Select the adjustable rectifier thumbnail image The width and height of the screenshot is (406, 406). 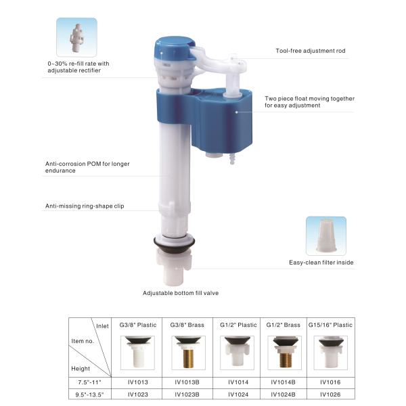pos(76,37)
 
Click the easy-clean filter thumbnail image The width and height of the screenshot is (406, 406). pos(326,236)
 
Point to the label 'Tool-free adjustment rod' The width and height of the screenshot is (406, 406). pos(311,51)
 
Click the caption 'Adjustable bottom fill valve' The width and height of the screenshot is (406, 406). pos(181,293)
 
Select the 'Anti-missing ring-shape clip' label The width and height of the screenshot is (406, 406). pos(85,206)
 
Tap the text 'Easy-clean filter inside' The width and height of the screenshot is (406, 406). pos(321,263)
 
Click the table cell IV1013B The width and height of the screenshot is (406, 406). pos(187,382)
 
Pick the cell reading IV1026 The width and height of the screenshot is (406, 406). pos(330,394)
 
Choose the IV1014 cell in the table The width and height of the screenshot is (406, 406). pos(238,382)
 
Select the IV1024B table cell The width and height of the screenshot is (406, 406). pos(283,394)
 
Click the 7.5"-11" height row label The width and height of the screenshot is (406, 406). pos(89,382)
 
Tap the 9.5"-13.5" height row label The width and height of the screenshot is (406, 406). pos(89,394)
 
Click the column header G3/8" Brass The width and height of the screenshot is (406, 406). pos(187,325)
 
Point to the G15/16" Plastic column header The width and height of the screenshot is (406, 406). pos(330,325)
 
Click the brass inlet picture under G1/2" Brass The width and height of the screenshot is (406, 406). pos(285,353)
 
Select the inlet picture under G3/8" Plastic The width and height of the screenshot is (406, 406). pos(137,353)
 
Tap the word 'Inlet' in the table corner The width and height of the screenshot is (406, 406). pos(102,326)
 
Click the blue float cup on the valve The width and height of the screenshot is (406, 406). pos(204,120)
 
